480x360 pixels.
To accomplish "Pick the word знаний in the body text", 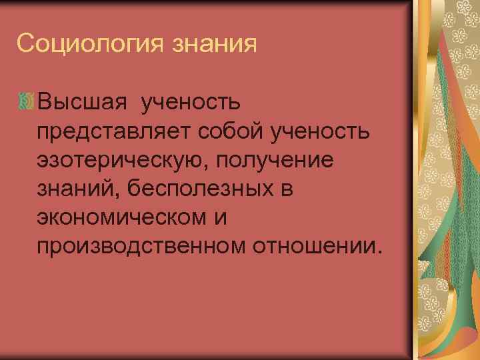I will (74, 189).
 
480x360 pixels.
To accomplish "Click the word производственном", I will (141, 247).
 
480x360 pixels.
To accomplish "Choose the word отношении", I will (314, 247).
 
